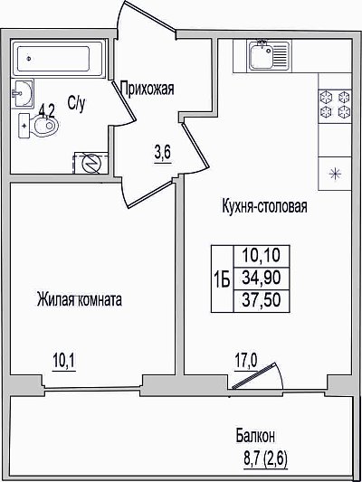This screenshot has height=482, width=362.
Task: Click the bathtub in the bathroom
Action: point(58,58)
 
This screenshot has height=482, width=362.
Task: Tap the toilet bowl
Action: point(39,126)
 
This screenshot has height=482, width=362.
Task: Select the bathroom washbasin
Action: point(22,93)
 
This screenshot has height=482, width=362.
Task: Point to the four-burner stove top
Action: point(335,105)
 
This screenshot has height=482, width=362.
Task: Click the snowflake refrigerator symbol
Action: point(335,174)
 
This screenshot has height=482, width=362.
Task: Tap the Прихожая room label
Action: point(148,89)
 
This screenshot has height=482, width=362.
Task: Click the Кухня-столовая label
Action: point(264,205)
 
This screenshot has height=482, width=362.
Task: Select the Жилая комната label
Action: point(80,299)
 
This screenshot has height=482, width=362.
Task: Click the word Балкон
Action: point(255,436)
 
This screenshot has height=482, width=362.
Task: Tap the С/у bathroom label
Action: point(76,103)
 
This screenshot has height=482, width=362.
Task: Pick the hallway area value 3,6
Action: point(163,153)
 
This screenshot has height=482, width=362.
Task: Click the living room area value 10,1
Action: point(64,361)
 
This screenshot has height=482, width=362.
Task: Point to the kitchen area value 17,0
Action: point(246,361)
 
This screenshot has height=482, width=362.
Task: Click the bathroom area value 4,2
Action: point(47,111)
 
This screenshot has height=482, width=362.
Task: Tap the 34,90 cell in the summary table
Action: point(262,279)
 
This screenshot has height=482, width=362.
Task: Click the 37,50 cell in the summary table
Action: point(262,300)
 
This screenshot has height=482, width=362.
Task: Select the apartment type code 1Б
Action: point(222,280)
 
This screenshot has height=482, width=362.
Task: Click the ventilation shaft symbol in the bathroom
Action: point(91,163)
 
